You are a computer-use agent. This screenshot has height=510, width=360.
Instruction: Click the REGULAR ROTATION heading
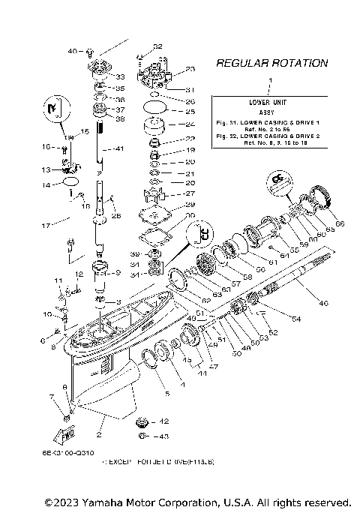(271, 64)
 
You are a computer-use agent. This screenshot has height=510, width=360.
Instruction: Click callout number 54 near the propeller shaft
(296, 319)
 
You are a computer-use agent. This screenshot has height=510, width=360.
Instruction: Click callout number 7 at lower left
(52, 396)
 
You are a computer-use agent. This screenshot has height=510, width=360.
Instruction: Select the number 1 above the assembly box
(271, 79)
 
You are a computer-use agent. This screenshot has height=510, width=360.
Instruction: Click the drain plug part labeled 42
(143, 421)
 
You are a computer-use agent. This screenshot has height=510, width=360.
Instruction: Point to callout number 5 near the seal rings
(166, 392)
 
